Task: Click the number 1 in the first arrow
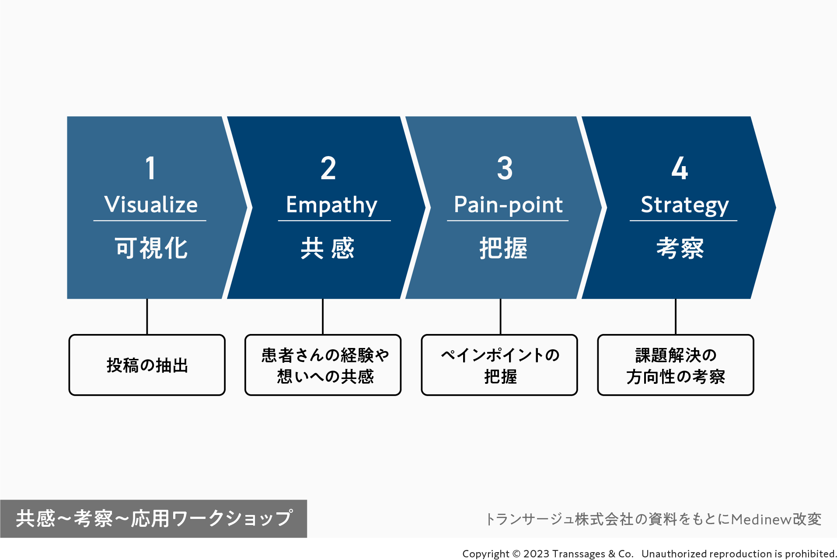[150, 168]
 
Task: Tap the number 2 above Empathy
[328, 168]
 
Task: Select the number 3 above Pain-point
[505, 168]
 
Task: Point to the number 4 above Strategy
[680, 168]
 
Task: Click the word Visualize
[151, 205]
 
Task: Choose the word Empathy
[331, 205]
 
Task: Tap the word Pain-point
[508, 205]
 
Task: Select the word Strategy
[684, 205]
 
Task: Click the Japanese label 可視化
[151, 248]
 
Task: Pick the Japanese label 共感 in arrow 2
[328, 248]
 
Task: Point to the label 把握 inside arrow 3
[503, 248]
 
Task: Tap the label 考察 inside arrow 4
[680, 248]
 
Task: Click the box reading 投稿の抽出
[147, 365]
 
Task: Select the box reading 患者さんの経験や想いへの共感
[323, 365]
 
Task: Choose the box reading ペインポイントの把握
[499, 365]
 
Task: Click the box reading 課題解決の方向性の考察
[676, 365]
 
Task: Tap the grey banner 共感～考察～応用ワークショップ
[154, 518]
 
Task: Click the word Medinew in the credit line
[761, 519]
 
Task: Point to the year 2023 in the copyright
[536, 554]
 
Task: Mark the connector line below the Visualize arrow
[147, 317]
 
